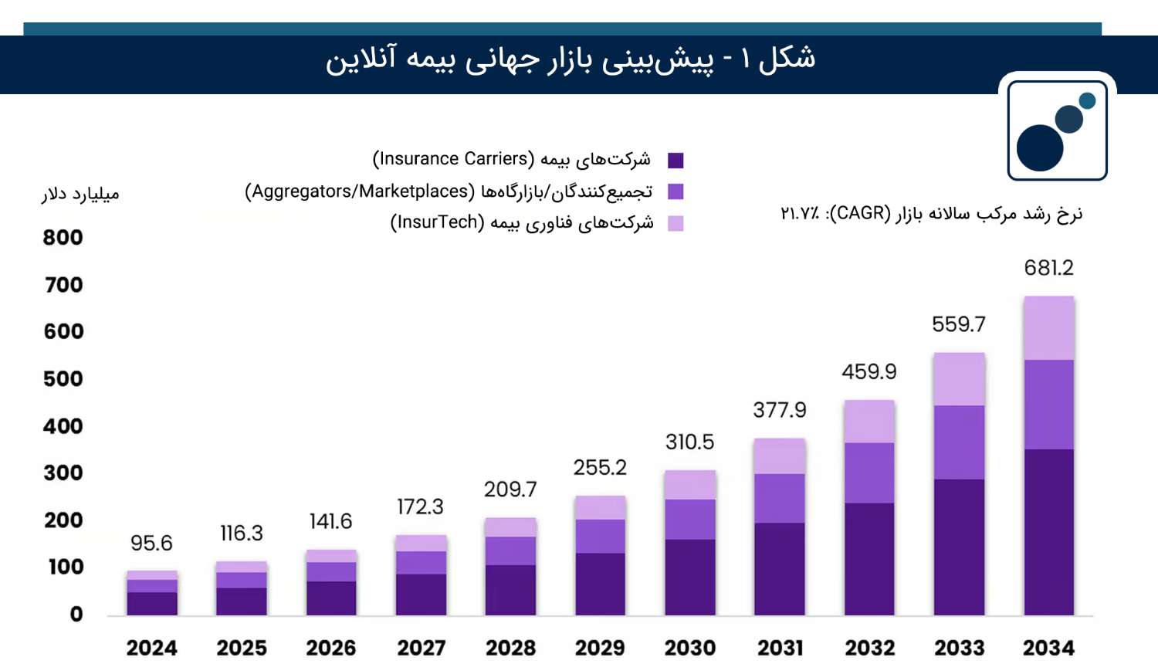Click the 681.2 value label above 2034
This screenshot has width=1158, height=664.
[1048, 268]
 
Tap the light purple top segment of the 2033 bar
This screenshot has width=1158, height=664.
[959, 379]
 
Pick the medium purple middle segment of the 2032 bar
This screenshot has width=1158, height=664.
[869, 473]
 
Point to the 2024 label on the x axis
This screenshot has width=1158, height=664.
[151, 647]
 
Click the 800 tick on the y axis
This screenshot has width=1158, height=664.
[63, 238]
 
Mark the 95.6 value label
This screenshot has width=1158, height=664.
[151, 544]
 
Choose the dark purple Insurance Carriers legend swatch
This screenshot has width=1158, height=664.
[675, 161]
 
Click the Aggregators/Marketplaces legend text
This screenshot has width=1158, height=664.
[449, 191]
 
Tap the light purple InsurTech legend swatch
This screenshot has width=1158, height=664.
[675, 223]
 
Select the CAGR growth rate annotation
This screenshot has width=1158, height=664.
[931, 213]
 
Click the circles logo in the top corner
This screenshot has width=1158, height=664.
[1057, 130]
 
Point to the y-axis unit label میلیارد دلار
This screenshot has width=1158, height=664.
[80, 194]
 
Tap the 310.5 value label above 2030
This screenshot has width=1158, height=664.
[689, 442]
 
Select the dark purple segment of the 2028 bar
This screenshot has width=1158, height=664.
[510, 590]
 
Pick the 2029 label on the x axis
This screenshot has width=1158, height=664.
[600, 647]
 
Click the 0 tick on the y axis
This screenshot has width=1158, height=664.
[76, 615]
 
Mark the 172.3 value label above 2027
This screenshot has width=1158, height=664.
[420, 507]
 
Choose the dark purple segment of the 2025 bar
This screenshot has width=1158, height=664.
[242, 601]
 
